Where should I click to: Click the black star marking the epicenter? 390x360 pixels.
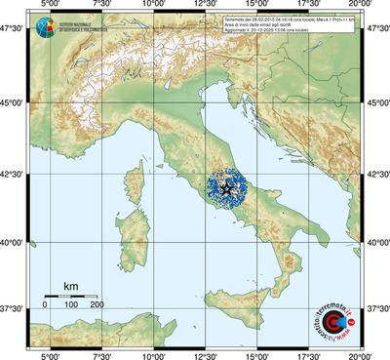pyautogui.click(x=227, y=188)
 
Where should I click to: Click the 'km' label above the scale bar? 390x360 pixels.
pyautogui.click(x=70, y=286)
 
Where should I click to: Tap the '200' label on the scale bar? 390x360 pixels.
pyautogui.click(x=97, y=305)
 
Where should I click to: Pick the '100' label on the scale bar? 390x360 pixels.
pyautogui.click(x=72, y=305)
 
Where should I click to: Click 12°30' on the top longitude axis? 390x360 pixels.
pyautogui.click(x=205, y=6)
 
